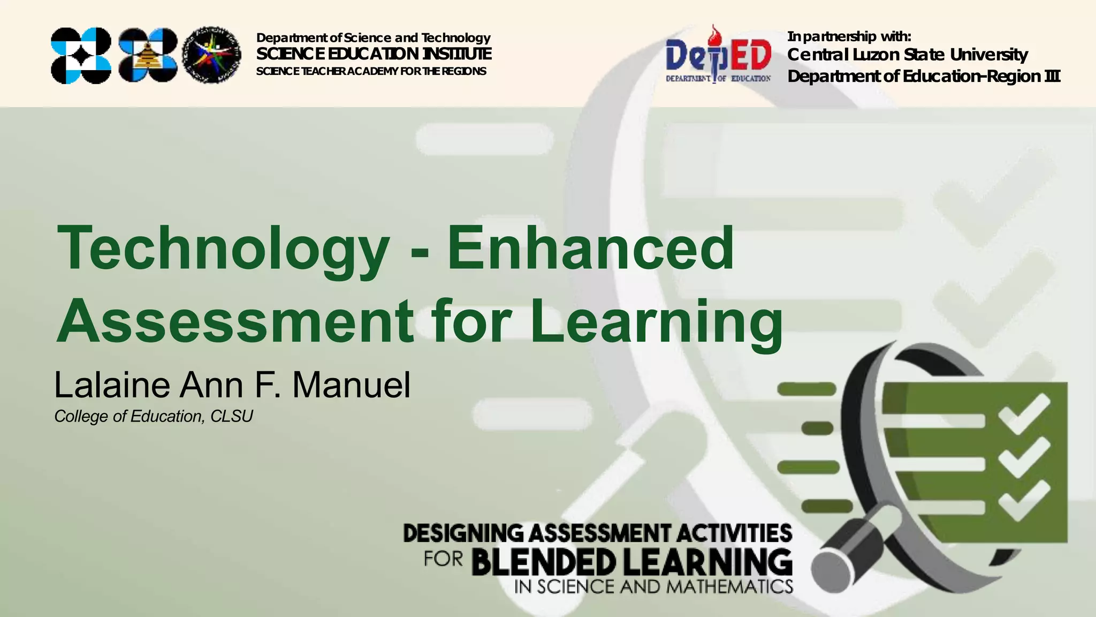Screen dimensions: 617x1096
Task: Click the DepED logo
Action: [718, 56]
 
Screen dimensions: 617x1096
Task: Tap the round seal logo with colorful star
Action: [212, 55]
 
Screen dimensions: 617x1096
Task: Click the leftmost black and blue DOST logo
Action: [81, 55]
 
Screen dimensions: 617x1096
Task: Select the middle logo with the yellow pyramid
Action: [148, 55]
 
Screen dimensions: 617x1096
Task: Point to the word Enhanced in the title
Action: [590, 248]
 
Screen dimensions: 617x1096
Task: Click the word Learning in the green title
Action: [657, 321]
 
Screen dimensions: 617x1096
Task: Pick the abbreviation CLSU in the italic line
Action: [231, 417]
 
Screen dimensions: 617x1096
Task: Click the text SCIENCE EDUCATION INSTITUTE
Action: [374, 54]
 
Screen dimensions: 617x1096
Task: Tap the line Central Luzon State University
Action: [907, 55]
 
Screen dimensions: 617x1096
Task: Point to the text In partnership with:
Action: [849, 36]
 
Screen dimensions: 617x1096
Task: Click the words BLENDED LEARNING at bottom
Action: [631, 562]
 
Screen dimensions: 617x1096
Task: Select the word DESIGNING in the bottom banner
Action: [463, 533]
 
